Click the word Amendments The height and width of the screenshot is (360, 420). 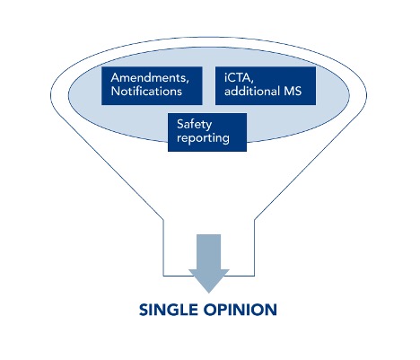coord(148,77)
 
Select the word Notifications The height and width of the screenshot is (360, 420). coord(146,91)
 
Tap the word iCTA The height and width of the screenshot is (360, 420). coord(238,77)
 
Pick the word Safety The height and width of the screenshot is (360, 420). coord(194,125)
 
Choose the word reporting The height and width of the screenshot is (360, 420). coord(203,138)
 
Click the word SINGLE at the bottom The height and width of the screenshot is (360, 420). coord(169,310)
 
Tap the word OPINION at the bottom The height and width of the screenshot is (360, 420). coord(241,310)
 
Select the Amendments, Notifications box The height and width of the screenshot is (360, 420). coord(152,85)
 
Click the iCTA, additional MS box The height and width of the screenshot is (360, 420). coord(266,85)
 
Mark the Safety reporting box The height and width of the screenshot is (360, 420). coord(207,132)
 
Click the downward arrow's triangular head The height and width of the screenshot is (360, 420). coord(209,280)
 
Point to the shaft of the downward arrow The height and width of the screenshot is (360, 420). coord(209,251)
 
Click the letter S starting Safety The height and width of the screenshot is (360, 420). coord(180,124)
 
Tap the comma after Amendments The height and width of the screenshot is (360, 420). coord(188,82)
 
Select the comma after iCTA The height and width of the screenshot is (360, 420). coord(252,82)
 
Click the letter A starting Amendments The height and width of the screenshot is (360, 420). coord(115,77)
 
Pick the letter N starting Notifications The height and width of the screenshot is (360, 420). coord(116,91)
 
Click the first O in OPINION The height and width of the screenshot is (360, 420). coord(210,310)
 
